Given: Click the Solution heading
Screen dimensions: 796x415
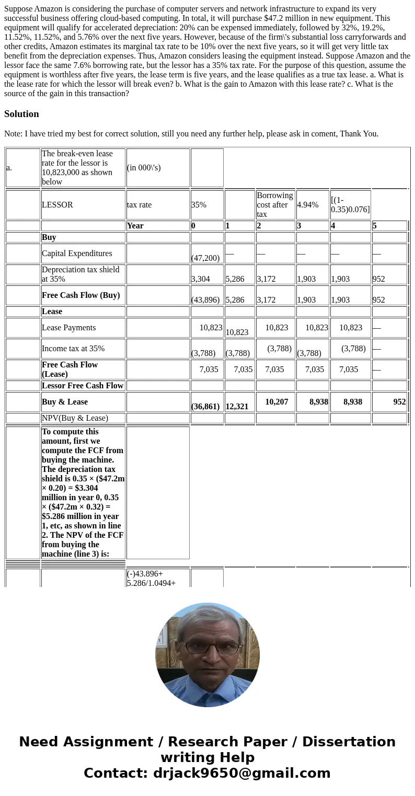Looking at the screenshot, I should pyautogui.click(x=21, y=114).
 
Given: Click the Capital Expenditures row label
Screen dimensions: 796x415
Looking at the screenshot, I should pyautogui.click(x=77, y=253).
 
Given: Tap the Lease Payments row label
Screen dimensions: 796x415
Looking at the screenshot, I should pyautogui.click(x=69, y=328).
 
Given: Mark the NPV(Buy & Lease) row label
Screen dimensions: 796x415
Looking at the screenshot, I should pyautogui.click(x=75, y=418).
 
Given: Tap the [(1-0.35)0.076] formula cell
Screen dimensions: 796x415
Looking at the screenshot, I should pyautogui.click(x=350, y=205).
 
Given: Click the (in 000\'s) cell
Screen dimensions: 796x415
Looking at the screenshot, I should pyautogui.click(x=144, y=168).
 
